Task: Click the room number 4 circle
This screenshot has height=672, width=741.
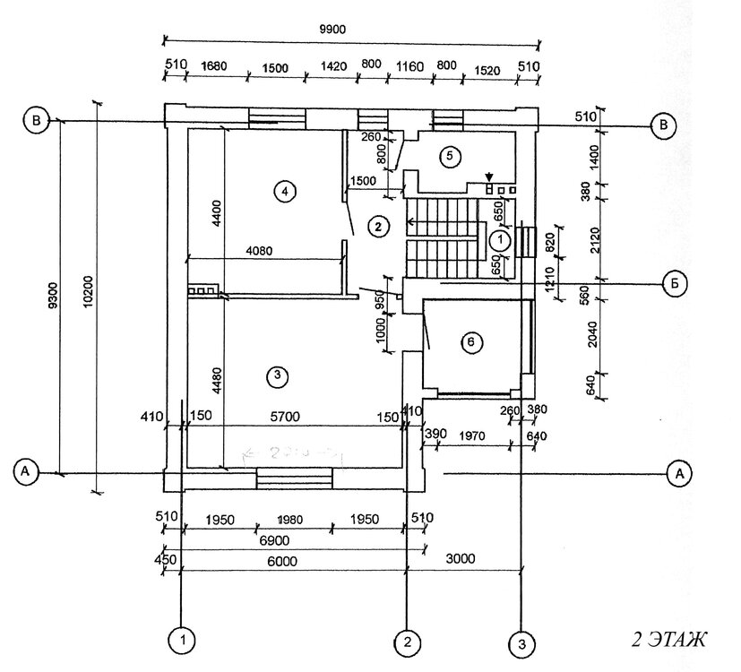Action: pyautogui.click(x=284, y=191)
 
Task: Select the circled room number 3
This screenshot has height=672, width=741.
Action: pyautogui.click(x=279, y=377)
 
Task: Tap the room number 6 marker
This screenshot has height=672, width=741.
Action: pyautogui.click(x=475, y=341)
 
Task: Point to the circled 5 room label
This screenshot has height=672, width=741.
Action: pyautogui.click(x=451, y=156)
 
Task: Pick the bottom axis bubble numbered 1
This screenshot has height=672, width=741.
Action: pyautogui.click(x=182, y=641)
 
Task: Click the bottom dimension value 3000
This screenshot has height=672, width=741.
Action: pyautogui.click(x=462, y=559)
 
